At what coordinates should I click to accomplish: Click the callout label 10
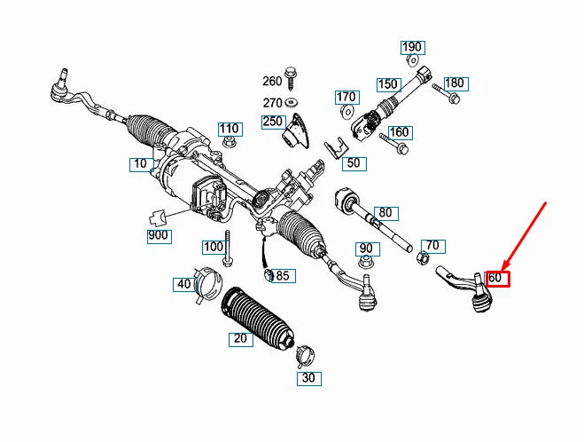coord(140,164)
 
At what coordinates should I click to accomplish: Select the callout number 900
coord(159,235)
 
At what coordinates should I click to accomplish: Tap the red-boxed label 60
coord(496,278)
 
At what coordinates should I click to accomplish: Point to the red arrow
coord(526,235)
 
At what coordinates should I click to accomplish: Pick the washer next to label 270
coord(292,102)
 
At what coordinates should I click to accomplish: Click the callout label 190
coord(412,47)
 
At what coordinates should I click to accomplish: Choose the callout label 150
coord(388,85)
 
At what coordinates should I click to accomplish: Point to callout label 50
coord(354,163)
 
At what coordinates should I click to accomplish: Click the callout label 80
coord(385,213)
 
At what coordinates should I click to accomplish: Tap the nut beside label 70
coord(423,258)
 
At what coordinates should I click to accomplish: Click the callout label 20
coord(239,339)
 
